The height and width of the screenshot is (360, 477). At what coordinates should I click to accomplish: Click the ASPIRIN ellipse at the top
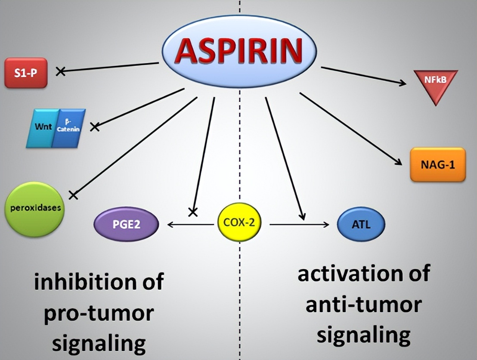[240, 50]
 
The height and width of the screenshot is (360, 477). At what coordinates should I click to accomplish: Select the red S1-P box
[25, 72]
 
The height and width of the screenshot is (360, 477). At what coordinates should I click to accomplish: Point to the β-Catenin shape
[69, 128]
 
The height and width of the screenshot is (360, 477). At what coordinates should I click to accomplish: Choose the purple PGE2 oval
[127, 224]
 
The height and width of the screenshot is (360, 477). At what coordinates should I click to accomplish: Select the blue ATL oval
[361, 224]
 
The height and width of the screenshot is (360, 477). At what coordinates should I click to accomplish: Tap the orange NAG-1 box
[438, 164]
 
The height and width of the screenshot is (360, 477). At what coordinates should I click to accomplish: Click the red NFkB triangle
[435, 84]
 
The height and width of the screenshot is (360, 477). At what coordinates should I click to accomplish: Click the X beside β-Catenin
[95, 126]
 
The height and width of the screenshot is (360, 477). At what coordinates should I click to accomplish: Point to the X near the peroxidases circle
[74, 195]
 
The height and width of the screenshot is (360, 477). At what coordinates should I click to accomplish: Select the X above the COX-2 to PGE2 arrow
[193, 211]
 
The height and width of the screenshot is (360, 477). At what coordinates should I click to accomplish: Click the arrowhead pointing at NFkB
[403, 83]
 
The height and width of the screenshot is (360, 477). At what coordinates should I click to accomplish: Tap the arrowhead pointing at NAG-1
[399, 162]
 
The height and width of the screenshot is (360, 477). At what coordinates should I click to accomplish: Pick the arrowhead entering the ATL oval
[328, 224]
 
